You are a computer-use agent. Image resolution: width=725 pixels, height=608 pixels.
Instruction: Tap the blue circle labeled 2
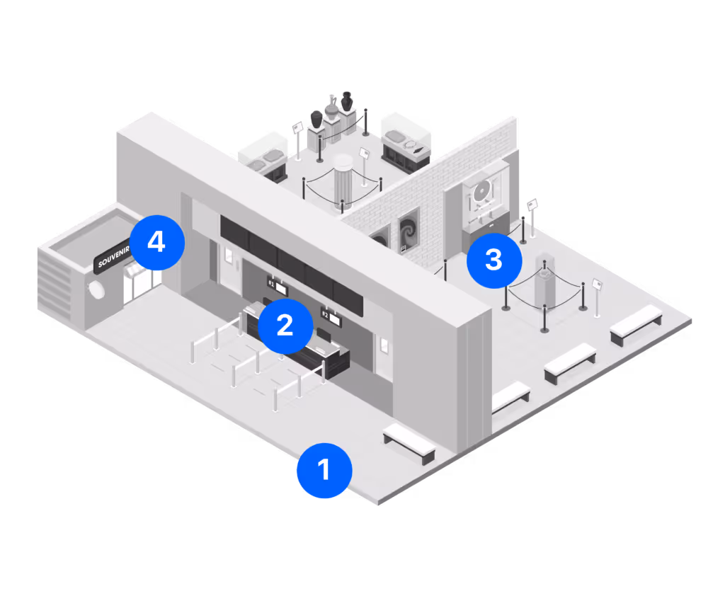284,326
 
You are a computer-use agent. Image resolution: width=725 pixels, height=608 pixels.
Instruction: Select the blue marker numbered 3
493,260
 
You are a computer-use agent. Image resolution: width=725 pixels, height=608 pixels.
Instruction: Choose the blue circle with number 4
156,243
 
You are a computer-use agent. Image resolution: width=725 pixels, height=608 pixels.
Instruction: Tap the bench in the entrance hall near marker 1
409,442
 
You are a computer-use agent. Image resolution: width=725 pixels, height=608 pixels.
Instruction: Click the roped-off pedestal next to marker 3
544,281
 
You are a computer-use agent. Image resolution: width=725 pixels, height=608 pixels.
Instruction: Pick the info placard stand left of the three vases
298,134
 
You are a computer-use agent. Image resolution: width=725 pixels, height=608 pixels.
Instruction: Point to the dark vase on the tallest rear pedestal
347,101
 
